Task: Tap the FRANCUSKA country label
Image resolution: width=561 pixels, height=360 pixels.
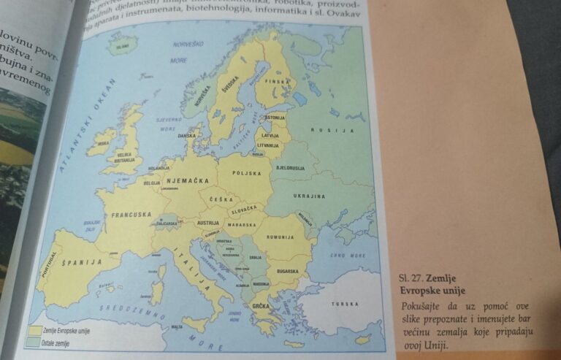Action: (x=131, y=215)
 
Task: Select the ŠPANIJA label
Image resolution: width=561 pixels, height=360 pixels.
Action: (x=81, y=261)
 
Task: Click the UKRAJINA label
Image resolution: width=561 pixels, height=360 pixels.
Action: (x=309, y=196)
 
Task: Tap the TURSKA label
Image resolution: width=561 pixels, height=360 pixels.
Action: (x=345, y=304)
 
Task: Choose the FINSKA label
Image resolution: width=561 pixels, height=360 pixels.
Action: (x=278, y=83)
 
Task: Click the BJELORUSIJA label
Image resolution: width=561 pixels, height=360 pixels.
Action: (x=290, y=168)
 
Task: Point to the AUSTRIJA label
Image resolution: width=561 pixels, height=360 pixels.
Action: (x=208, y=223)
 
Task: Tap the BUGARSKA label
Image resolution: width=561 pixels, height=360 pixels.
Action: (x=287, y=271)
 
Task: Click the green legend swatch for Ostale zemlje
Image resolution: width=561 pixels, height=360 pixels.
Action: (x=34, y=341)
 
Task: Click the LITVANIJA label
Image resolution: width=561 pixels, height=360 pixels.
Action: (x=268, y=145)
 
